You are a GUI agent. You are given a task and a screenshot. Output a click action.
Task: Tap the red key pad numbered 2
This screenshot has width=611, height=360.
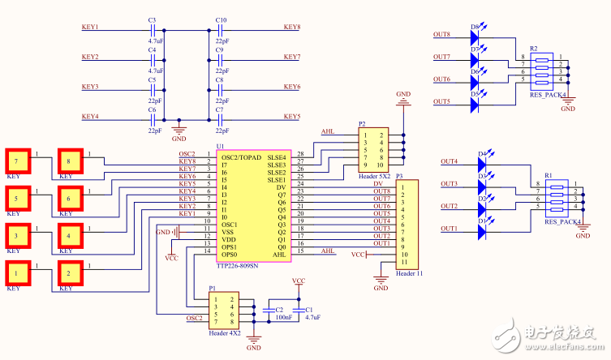pyautogui.click(x=70, y=274)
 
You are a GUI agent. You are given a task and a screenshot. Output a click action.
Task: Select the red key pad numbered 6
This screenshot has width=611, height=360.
pyautogui.click(x=70, y=199)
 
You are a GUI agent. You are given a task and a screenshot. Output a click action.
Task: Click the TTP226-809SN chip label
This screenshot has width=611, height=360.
pyautogui.click(x=237, y=265)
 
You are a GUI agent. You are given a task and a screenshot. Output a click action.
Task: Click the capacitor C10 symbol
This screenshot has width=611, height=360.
pyautogui.click(x=220, y=30)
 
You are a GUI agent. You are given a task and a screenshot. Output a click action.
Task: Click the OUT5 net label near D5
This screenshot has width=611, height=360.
pyautogui.click(x=441, y=101)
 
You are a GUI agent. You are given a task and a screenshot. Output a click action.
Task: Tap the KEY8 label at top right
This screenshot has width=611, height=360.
pyautogui.click(x=292, y=27)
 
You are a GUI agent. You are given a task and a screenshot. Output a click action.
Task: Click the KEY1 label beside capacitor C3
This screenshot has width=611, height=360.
pyautogui.click(x=90, y=27)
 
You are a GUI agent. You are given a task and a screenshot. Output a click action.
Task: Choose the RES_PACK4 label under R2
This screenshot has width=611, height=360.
pyautogui.click(x=548, y=95)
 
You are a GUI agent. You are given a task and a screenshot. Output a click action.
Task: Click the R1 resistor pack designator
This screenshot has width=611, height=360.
pyautogui.click(x=549, y=175)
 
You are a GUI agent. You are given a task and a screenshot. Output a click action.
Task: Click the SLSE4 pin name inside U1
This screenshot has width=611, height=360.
pyautogui.click(x=278, y=156)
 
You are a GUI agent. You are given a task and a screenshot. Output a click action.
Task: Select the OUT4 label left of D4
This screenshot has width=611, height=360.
pyautogui.click(x=449, y=161)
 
